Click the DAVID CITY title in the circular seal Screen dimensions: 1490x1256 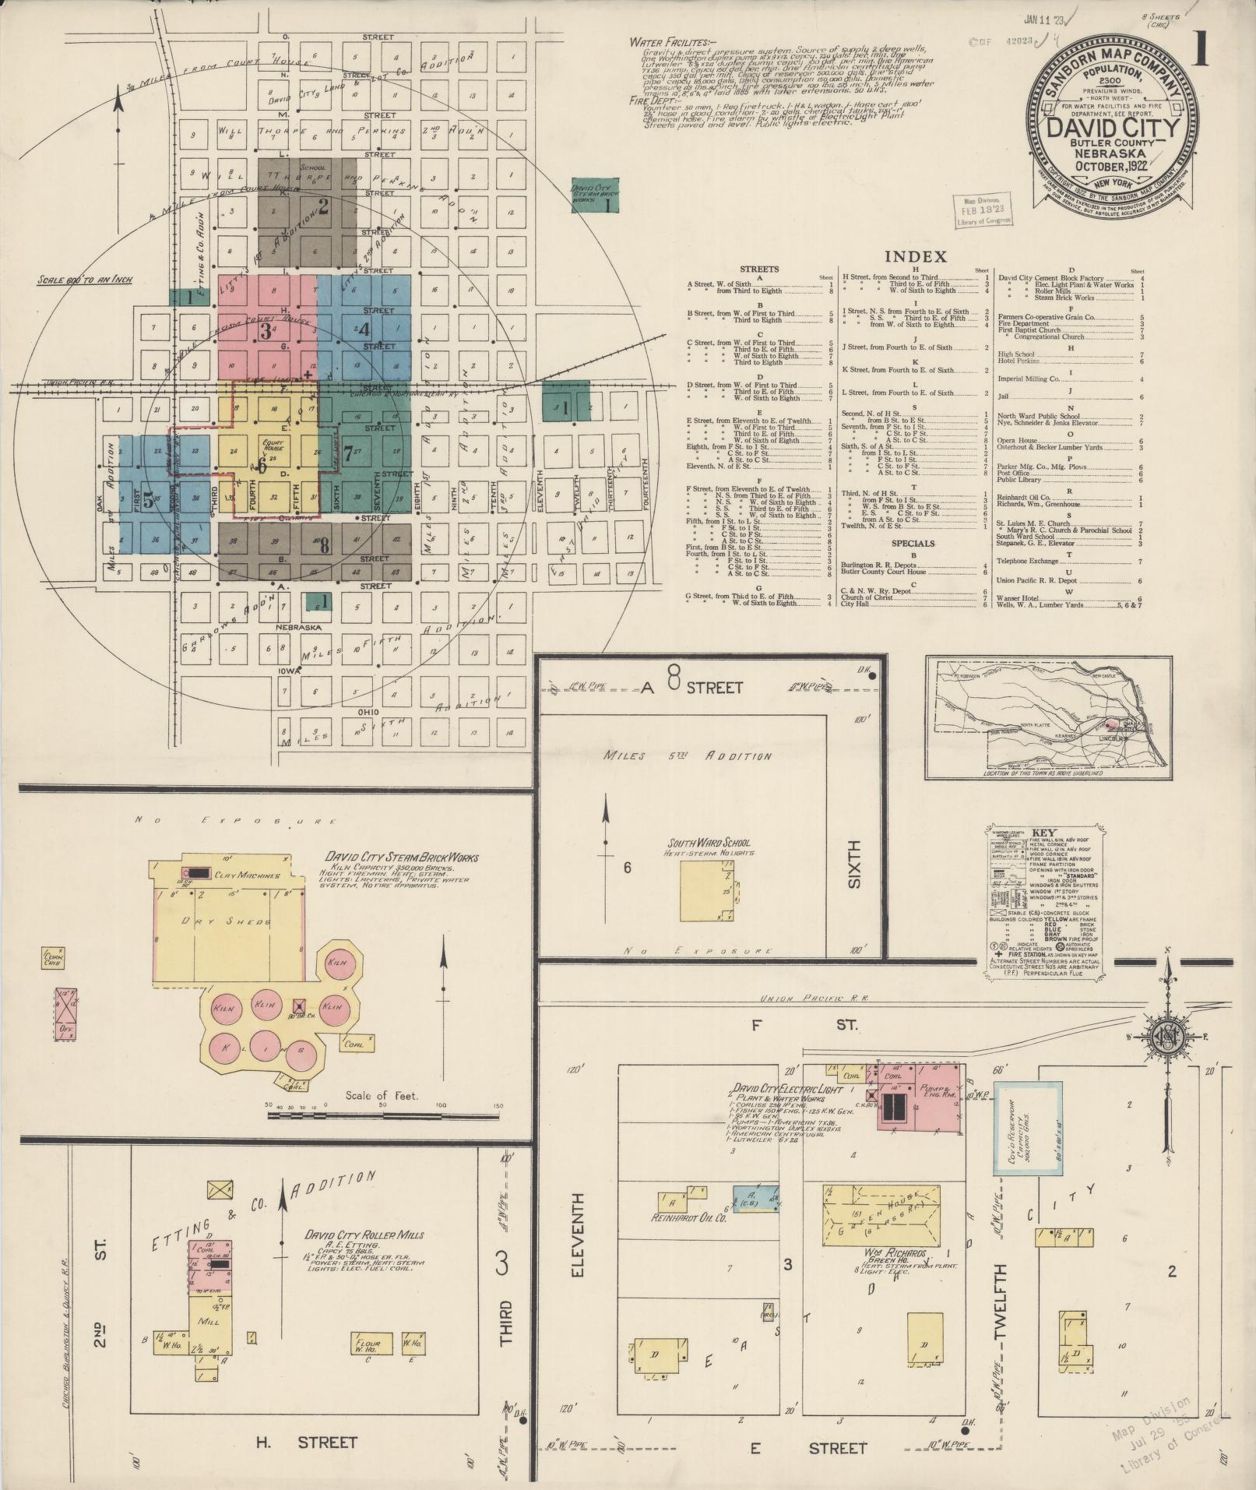1110,126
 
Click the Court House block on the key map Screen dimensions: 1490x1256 276,449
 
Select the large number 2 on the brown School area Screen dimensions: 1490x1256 322,206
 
